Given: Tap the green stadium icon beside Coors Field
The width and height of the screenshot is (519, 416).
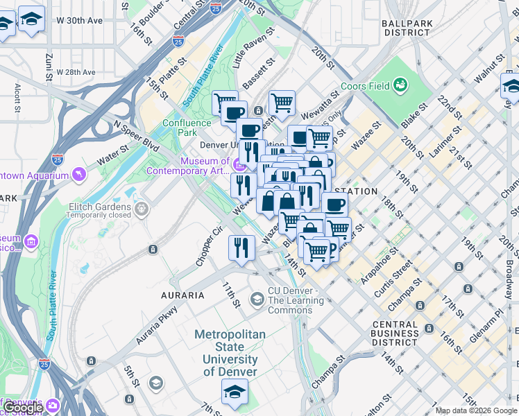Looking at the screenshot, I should point(400,85).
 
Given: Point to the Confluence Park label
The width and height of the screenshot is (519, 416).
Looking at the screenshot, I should point(187,128).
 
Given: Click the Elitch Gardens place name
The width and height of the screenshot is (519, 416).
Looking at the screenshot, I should point(99,207).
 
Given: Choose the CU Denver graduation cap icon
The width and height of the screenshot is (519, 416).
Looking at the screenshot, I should point(257,299).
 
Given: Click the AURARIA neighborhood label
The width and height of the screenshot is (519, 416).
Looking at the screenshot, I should point(183,295).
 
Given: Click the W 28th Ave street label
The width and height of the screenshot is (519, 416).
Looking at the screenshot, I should point(76,72).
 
